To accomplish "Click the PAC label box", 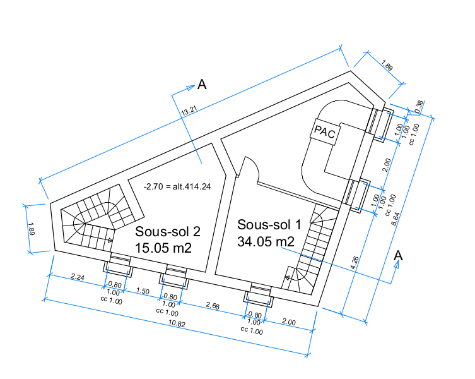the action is pyautogui.click(x=325, y=132).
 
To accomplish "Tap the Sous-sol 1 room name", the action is pyautogui.click(x=269, y=224).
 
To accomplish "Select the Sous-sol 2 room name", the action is pyautogui.click(x=168, y=232).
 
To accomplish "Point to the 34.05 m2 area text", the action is pyautogui.click(x=266, y=241).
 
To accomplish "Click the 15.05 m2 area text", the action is pyautogui.click(x=163, y=248).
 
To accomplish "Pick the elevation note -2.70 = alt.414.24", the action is pyautogui.click(x=177, y=186).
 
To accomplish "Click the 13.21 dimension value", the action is pyautogui.click(x=189, y=110).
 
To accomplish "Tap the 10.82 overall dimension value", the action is pyautogui.click(x=177, y=324).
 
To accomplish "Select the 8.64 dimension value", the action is pyautogui.click(x=396, y=219).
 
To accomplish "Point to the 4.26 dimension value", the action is pyautogui.click(x=355, y=263).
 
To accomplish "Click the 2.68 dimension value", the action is pyautogui.click(x=213, y=306).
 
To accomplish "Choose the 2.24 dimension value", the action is pyautogui.click(x=78, y=277).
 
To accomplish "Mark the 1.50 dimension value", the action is pyautogui.click(x=143, y=291).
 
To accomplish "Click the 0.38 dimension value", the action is pyautogui.click(x=419, y=107).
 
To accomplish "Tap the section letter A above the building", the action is pyautogui.click(x=202, y=85).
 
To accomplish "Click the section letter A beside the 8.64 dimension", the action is pyautogui.click(x=398, y=256).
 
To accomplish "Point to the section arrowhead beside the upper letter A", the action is pyautogui.click(x=191, y=87).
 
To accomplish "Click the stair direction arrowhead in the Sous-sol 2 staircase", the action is pyautogui.click(x=110, y=240).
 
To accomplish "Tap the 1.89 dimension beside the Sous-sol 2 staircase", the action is pyautogui.click(x=32, y=229).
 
